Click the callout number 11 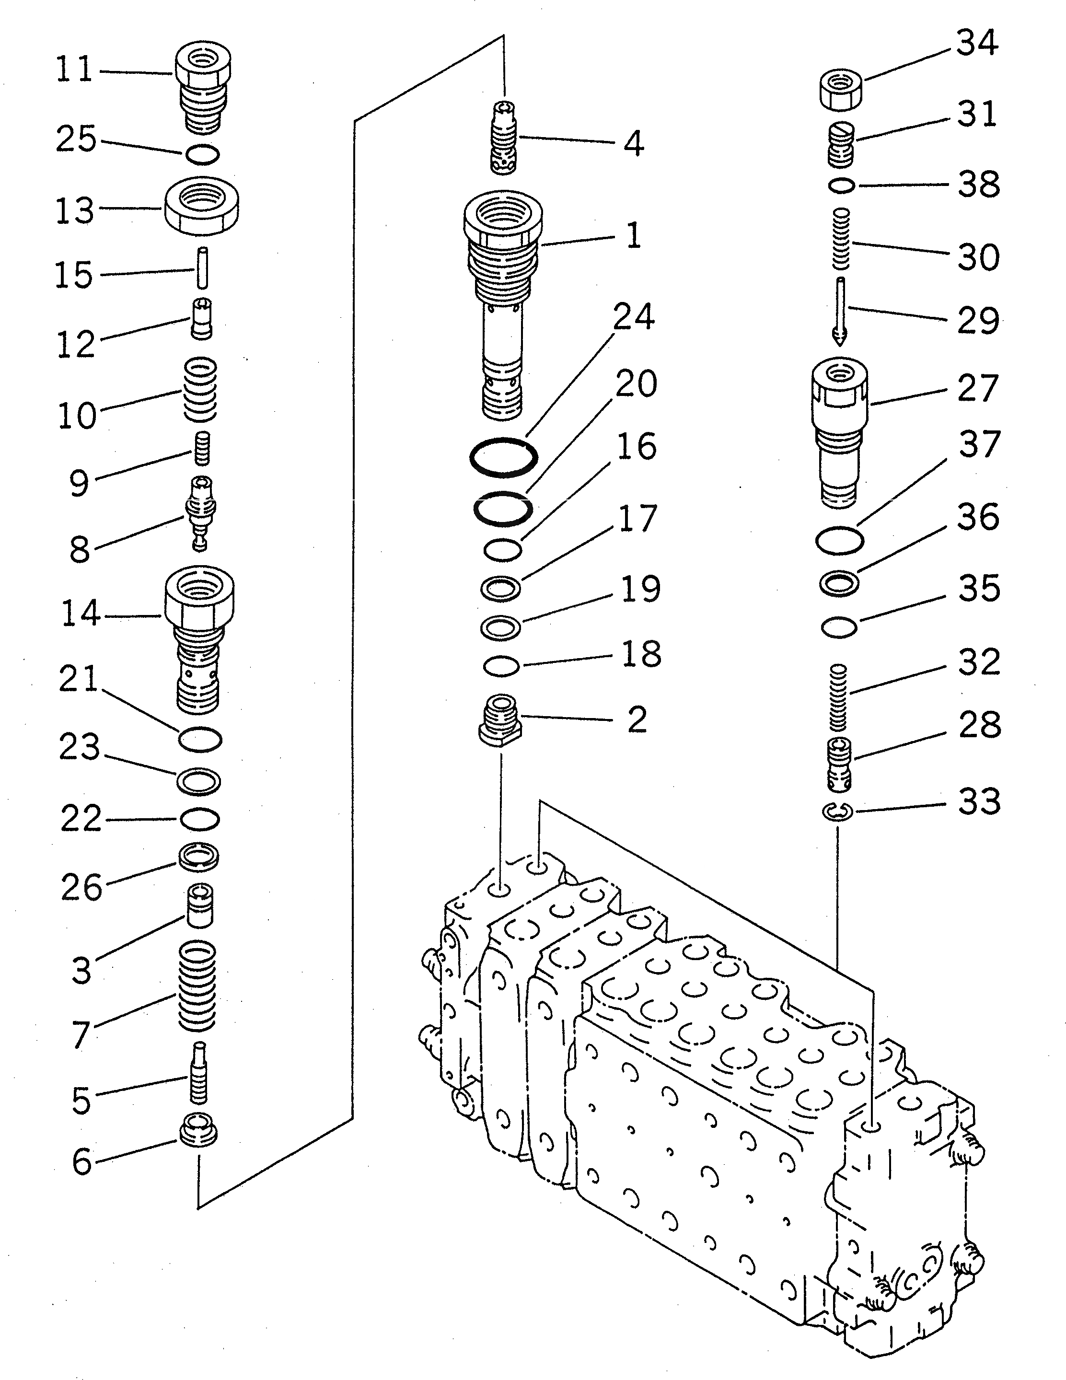75,70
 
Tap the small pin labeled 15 202,268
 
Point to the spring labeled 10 200,390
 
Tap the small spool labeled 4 504,137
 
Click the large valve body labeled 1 502,303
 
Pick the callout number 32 979,661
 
